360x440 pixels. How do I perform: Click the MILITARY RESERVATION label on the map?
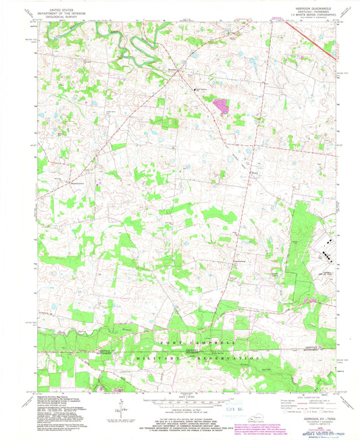click(x=203, y=357)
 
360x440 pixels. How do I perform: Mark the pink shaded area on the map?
click(x=220, y=104)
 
